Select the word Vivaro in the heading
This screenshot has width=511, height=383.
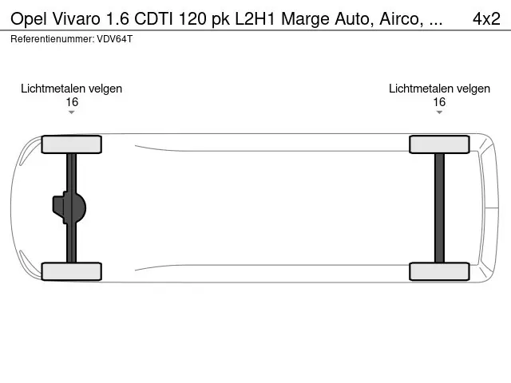pos(76,19)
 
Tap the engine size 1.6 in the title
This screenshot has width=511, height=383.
pos(117,19)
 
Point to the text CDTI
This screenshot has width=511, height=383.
pos(154,19)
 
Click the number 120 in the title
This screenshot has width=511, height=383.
pos(192,19)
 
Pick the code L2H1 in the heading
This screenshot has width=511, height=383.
pos(255,19)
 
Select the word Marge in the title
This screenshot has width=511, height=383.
pos(305,20)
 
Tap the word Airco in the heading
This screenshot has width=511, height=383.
pos(401,19)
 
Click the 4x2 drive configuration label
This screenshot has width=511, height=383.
pos(486,19)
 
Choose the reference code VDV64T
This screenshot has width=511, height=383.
pos(115,39)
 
